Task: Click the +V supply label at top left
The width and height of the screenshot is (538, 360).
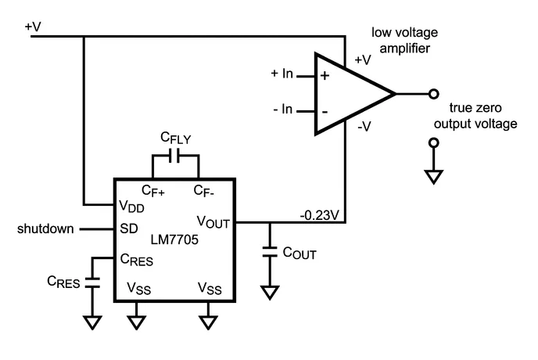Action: click(34, 27)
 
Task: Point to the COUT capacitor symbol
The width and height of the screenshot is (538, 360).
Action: click(270, 252)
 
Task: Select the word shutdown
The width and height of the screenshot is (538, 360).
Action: click(46, 229)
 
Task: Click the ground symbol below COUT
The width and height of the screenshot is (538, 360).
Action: click(270, 293)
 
